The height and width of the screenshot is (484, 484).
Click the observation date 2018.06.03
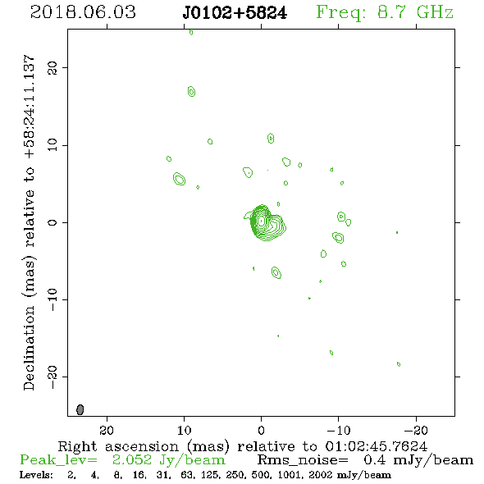click(83, 12)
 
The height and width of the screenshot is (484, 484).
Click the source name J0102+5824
click(235, 13)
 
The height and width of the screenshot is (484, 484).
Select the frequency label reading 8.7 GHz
click(415, 12)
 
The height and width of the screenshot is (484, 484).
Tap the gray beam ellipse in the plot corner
click(80, 409)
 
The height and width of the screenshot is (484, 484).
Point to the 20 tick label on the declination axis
click(53, 67)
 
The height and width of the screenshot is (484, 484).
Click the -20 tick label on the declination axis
click(53, 377)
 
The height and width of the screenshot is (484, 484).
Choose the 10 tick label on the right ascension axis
click(185, 430)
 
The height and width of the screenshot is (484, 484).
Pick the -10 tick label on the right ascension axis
click(339, 430)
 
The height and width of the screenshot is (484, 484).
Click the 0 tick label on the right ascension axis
click(261, 430)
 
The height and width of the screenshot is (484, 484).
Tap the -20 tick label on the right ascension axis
click(416, 430)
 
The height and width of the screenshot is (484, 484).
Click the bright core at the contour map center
click(261, 221)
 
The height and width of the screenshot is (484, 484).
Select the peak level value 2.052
click(132, 460)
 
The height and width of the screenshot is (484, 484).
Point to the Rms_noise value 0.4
click(375, 460)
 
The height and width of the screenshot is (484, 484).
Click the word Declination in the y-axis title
click(29, 348)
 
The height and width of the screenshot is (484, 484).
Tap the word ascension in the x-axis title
click(142, 446)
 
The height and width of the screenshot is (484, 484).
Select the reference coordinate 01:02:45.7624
click(376, 446)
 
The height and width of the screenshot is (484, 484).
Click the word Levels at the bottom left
click(36, 474)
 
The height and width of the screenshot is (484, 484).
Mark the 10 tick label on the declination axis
click(53, 145)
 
